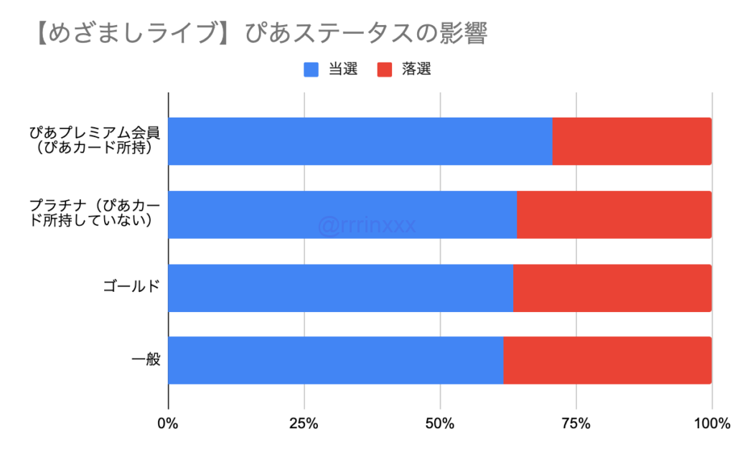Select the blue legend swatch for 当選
click(312, 70)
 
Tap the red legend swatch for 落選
click(385, 70)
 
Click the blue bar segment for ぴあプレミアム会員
click(360, 141)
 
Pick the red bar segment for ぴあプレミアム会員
click(632, 141)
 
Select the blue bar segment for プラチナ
click(342, 214)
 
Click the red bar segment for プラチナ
click(614, 214)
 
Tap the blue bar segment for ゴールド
click(340, 288)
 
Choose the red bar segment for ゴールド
click(612, 288)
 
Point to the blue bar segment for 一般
click(335, 360)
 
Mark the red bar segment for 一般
click(607, 360)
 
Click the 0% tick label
click(168, 424)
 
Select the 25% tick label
click(304, 424)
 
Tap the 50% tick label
click(440, 424)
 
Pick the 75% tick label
click(576, 424)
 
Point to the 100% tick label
click(711, 424)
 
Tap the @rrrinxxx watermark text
click(367, 226)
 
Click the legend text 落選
click(416, 70)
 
